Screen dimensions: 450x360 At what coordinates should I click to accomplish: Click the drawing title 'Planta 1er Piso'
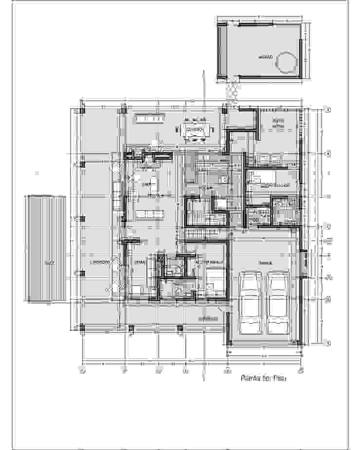point(263,378)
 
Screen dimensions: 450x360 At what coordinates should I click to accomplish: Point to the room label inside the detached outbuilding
point(265,57)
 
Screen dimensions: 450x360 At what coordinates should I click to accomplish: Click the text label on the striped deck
point(48,263)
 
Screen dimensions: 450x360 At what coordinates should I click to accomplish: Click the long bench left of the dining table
point(151,118)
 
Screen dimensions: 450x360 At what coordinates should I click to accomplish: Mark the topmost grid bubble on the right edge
point(328,110)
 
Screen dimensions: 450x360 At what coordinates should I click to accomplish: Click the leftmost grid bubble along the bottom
point(83,372)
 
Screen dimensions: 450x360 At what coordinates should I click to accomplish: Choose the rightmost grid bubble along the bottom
point(301,372)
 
